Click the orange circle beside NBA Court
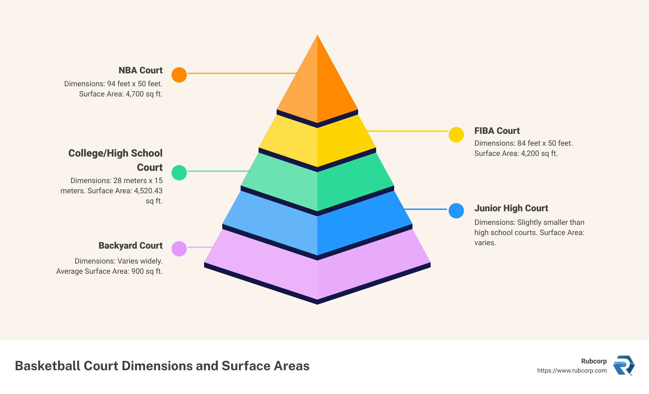click(179, 75)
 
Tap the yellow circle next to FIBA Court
click(456, 135)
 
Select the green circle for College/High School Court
click(179, 173)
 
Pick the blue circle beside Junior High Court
click(456, 211)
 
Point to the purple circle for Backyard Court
click(179, 249)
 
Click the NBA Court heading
click(141, 70)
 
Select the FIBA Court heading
click(497, 131)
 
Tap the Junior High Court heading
click(511, 208)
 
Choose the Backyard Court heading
click(130, 246)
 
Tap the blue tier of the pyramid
click(317, 231)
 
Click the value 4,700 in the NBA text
click(135, 94)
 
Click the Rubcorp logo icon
click(624, 365)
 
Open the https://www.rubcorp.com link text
click(572, 371)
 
